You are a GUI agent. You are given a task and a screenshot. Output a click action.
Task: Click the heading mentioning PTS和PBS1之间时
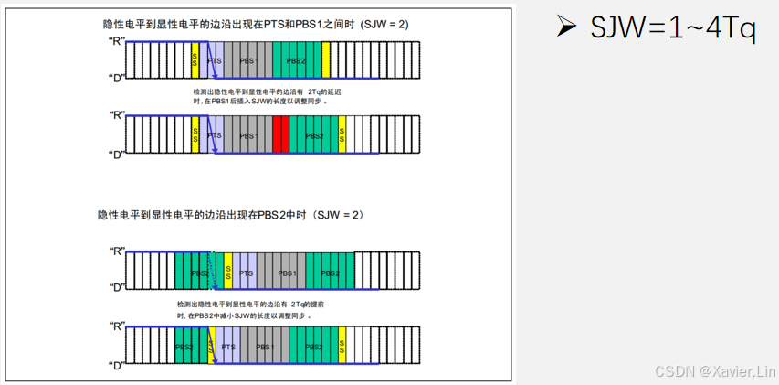click(x=255, y=25)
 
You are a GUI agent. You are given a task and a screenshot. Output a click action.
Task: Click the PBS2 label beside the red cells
click(x=314, y=135)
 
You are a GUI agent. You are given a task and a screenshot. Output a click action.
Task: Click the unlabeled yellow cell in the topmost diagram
click(x=325, y=60)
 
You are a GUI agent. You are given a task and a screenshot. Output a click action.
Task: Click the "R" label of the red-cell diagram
click(x=116, y=115)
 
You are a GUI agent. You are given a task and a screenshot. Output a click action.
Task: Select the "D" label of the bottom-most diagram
click(x=116, y=367)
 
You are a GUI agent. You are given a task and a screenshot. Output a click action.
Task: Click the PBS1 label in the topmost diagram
click(x=248, y=60)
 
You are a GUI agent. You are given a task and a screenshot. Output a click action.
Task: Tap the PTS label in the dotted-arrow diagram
click(x=245, y=273)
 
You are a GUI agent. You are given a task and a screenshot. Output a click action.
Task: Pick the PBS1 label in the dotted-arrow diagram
click(x=288, y=273)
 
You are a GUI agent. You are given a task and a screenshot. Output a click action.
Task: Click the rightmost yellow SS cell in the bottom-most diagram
click(x=342, y=348)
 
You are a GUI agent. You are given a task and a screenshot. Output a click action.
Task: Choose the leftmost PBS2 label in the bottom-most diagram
click(x=184, y=348)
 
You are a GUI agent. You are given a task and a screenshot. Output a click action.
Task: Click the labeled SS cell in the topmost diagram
click(x=195, y=60)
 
